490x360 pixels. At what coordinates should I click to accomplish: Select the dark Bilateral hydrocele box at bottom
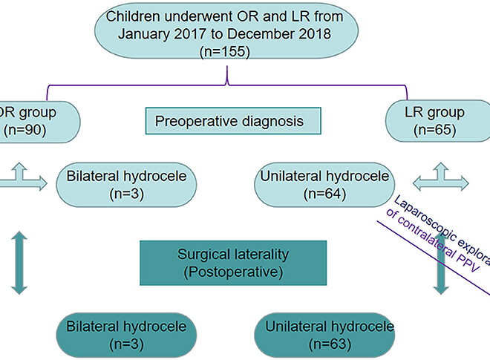coord(126,335)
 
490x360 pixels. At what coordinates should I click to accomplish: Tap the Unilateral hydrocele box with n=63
coord(324,335)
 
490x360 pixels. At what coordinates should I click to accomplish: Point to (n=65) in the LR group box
coord(446,131)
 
